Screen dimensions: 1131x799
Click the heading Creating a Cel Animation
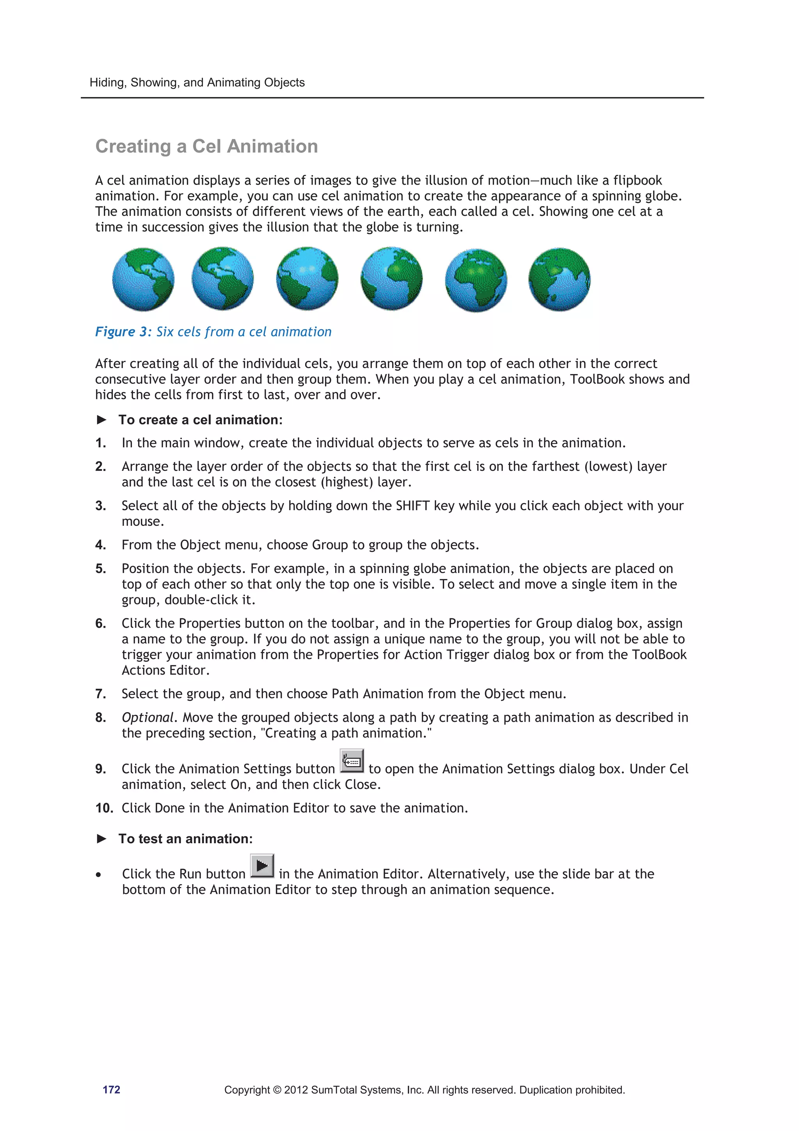pos(206,146)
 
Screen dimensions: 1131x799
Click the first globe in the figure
pos(143,279)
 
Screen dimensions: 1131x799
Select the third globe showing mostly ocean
pos(307,279)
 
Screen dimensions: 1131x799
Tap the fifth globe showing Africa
pos(476,280)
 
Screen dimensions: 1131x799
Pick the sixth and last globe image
pos(559,279)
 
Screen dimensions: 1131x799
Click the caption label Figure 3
pos(123,331)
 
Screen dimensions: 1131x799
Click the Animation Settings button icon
pos(352,761)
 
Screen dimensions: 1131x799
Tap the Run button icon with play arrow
pos(262,866)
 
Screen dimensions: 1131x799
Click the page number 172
pos(111,1090)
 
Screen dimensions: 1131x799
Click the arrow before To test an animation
pos(101,839)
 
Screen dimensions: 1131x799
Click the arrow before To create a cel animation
pos(101,420)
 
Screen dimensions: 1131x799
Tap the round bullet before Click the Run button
pos(99,875)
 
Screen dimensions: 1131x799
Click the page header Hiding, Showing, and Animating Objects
pos(197,82)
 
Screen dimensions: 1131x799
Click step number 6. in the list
pos(100,623)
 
